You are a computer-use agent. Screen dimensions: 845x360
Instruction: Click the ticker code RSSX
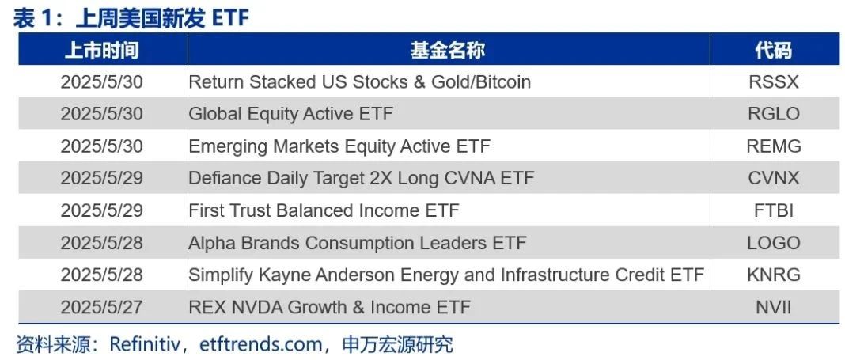pos(773,82)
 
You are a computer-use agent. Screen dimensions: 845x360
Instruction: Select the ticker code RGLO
pos(773,114)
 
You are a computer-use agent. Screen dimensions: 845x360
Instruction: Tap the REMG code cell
pos(774,146)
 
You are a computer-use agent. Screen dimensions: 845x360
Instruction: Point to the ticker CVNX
pos(773,178)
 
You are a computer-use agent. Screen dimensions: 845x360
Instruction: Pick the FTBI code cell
pos(774,210)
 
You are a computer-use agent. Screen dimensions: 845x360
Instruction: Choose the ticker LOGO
pos(774,243)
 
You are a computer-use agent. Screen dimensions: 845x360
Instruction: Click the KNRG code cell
pos(774,275)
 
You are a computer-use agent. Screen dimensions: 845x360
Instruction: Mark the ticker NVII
pos(774,307)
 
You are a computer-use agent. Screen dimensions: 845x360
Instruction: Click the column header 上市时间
pos(102,50)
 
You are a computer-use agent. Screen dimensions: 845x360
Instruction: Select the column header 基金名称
pos(448,50)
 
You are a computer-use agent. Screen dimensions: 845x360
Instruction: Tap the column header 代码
pos(773,50)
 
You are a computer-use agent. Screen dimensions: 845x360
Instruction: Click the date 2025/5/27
pos(102,307)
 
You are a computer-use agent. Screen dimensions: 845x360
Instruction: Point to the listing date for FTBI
pos(102,210)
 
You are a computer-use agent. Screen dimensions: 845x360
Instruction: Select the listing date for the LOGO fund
pos(102,243)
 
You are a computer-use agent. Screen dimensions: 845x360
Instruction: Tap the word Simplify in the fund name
pos(221,275)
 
